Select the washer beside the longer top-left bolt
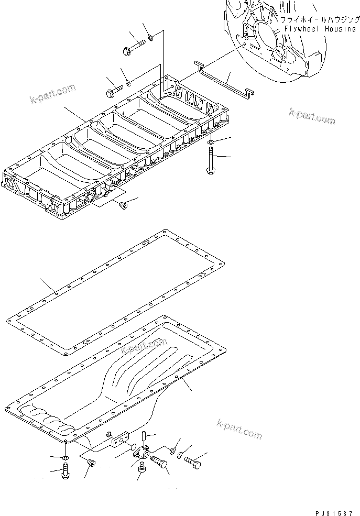[151, 37]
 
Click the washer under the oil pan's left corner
[63, 458]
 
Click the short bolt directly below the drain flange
[140, 471]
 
